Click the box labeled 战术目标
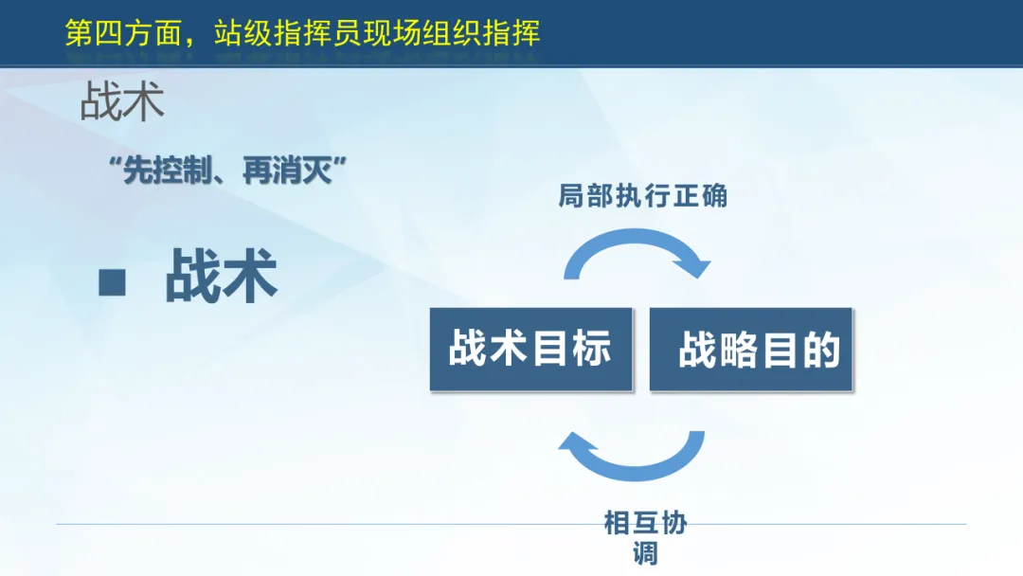coord(531,349)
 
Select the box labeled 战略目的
coord(751,349)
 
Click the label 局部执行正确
coord(642,196)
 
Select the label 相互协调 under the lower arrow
coord(645,538)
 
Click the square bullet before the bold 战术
coord(112,282)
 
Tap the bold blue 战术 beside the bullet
coord(221,276)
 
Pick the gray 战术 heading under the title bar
coord(122,101)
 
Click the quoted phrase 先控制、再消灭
coord(227,171)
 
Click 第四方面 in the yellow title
coord(123,33)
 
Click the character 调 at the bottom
coord(645,553)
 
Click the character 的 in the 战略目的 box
coord(821,350)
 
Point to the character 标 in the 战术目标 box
coord(592,347)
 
